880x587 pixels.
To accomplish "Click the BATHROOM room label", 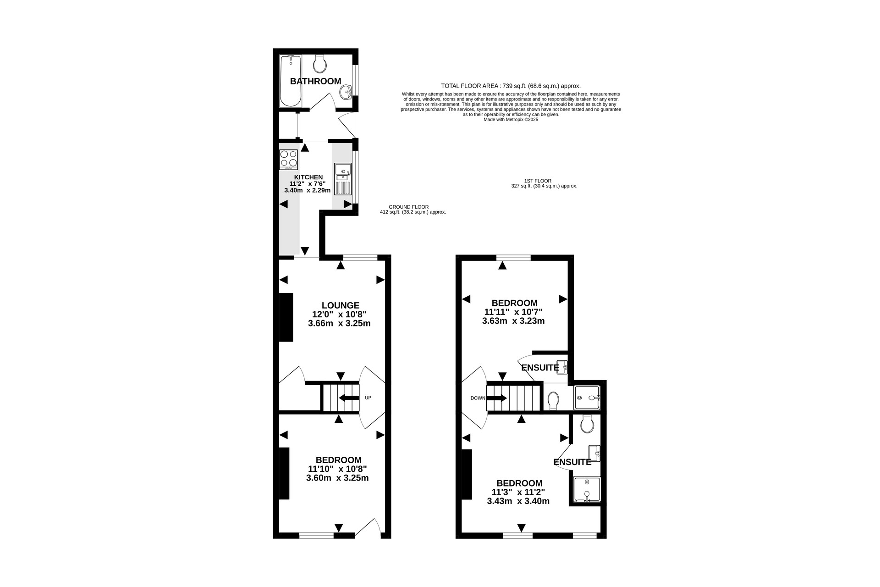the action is pyautogui.click(x=315, y=81).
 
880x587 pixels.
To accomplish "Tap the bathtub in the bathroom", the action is pyautogui.click(x=291, y=81).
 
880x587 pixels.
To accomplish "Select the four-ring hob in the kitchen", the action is pyautogui.click(x=289, y=160).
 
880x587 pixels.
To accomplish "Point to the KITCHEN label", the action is pyautogui.click(x=308, y=177).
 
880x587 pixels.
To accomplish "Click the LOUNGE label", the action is pyautogui.click(x=341, y=305).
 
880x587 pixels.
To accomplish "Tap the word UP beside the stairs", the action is pyautogui.click(x=368, y=398).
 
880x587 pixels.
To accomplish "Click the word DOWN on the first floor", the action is pyautogui.click(x=478, y=398).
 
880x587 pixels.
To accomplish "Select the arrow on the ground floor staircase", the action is pyautogui.click(x=349, y=398).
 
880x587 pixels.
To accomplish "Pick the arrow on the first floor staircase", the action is pyautogui.click(x=497, y=398).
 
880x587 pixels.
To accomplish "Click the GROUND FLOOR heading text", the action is pyautogui.click(x=409, y=207).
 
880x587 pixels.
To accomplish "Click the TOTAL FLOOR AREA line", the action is pyautogui.click(x=511, y=86).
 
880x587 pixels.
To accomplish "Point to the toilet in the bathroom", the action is pyautogui.click(x=319, y=64).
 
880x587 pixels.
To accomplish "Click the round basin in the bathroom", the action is pyautogui.click(x=346, y=92).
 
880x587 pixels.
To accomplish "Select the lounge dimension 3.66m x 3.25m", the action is pyautogui.click(x=339, y=323).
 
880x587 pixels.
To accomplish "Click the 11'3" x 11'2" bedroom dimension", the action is pyautogui.click(x=518, y=492).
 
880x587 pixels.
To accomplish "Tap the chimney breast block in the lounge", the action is pyautogui.click(x=286, y=317).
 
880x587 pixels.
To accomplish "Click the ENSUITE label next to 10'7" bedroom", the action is pyautogui.click(x=540, y=367).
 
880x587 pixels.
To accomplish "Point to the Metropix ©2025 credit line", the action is pyautogui.click(x=511, y=120).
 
